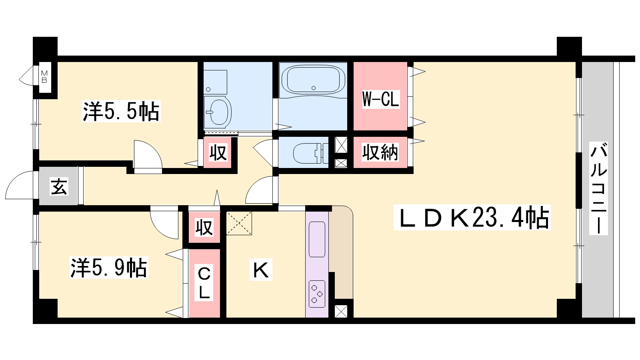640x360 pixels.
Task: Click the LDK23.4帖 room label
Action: point(472,218)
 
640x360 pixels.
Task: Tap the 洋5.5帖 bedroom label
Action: point(121,112)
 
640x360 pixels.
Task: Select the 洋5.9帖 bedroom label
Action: point(109,268)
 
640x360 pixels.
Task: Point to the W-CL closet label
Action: point(380,99)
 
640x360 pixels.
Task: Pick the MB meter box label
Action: point(44,77)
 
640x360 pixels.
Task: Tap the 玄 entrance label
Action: point(59,186)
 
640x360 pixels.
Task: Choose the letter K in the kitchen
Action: point(261,269)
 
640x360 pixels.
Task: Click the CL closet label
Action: point(204,283)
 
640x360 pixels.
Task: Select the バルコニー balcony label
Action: point(598,188)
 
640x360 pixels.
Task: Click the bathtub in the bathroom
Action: point(313,80)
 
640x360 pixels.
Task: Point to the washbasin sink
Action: point(218,112)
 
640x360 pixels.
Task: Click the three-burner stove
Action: point(317,294)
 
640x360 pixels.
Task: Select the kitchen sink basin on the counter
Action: point(317,240)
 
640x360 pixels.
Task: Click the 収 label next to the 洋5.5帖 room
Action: point(218,152)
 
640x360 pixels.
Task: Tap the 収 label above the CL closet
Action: point(204,228)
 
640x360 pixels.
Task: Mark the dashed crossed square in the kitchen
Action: point(239,223)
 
